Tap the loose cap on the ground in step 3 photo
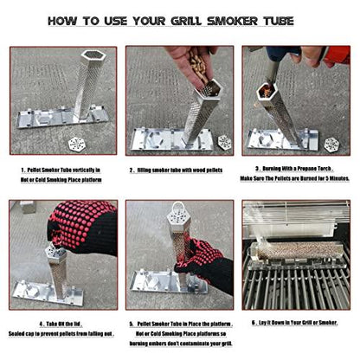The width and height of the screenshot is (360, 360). (x=331, y=143)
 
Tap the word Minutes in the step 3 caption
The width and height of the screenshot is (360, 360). (x=330, y=179)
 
